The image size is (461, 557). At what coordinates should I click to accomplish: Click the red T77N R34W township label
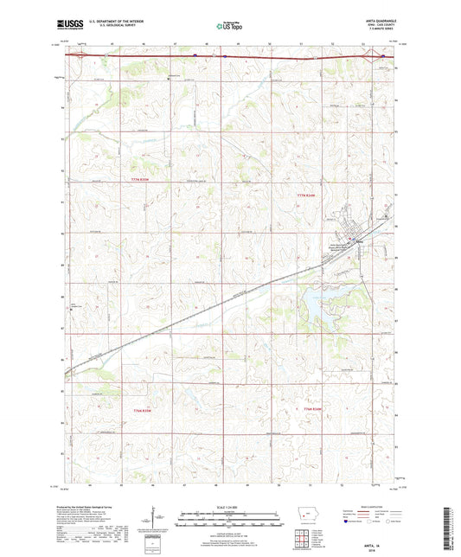pos(308,195)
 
